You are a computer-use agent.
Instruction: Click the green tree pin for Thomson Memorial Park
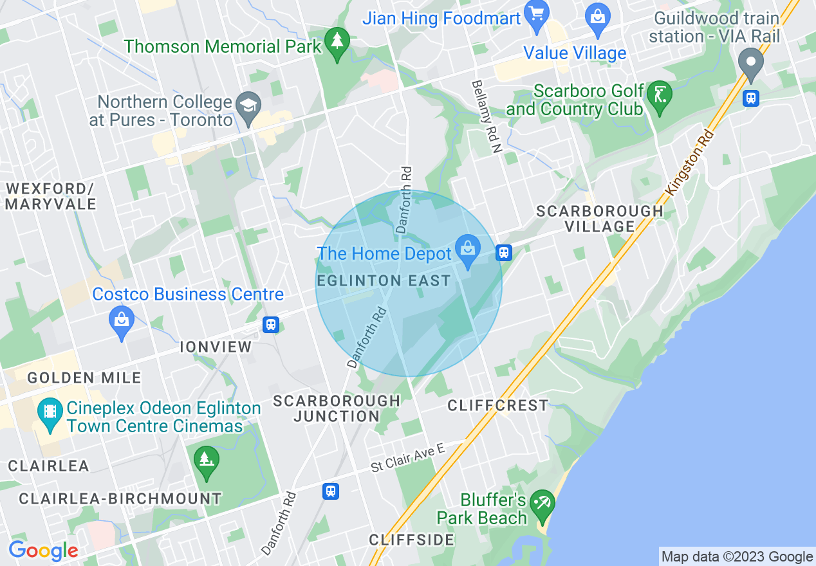[x=337, y=42]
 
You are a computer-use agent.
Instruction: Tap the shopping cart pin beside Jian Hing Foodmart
[x=535, y=15]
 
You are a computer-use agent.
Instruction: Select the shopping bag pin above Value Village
[x=598, y=18]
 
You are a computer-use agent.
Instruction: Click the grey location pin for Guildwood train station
[x=750, y=64]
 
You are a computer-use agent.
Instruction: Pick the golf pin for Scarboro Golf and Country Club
[x=659, y=95]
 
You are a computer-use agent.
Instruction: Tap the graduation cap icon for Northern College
[x=247, y=107]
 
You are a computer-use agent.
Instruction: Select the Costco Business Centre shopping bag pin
[x=121, y=320]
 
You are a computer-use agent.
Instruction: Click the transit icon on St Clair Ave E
[x=331, y=491]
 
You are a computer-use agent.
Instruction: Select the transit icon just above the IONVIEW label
[x=270, y=325]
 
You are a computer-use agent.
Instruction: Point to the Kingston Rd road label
[x=690, y=163]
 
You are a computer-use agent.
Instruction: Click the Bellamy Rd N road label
[x=486, y=116]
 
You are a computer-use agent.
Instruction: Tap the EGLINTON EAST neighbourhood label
[x=384, y=281]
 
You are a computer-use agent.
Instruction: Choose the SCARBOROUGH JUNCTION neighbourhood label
[x=337, y=408]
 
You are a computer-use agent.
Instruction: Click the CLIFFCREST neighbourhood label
[x=498, y=405]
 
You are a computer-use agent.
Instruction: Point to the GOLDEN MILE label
[x=84, y=378]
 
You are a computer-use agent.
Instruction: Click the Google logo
[x=44, y=551]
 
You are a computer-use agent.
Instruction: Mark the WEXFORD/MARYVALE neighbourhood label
[x=51, y=196]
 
